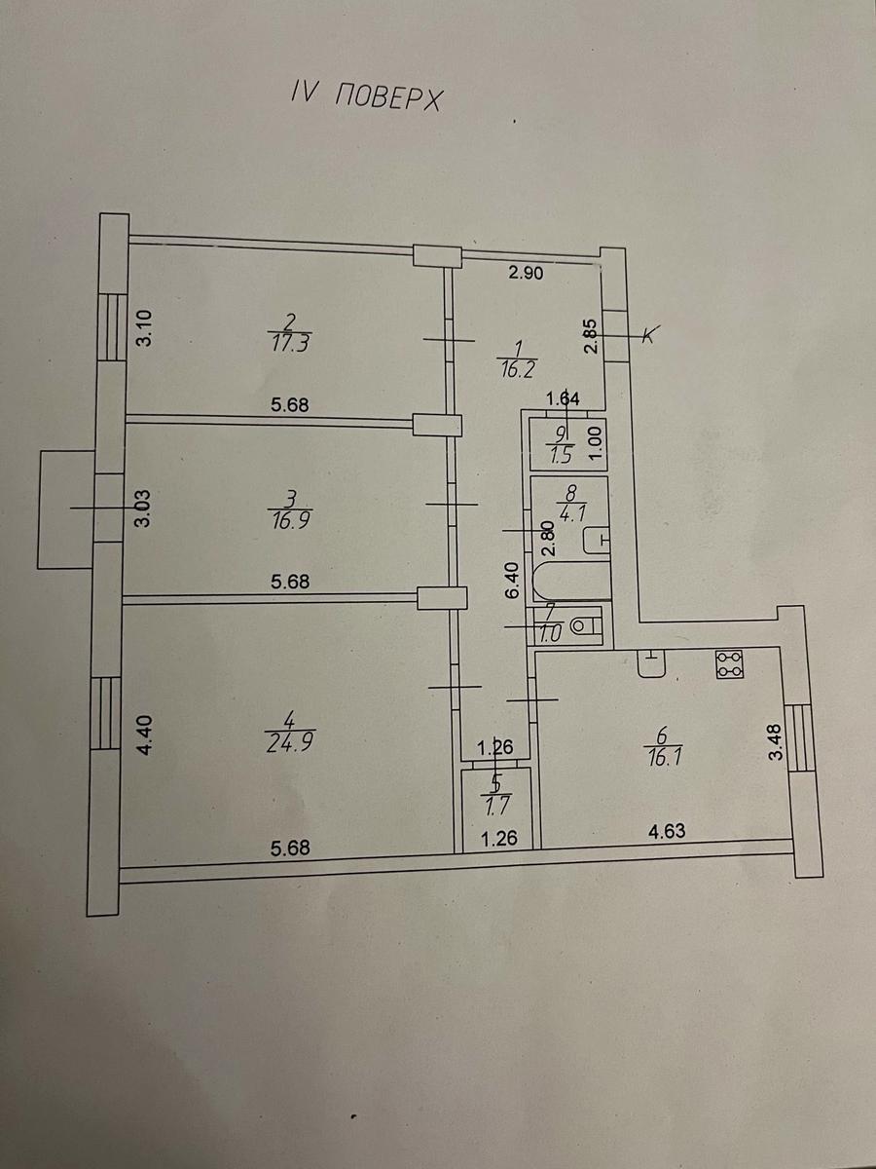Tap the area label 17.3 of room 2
[x=290, y=344]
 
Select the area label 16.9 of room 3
[x=290, y=519]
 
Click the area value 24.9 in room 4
[x=290, y=743]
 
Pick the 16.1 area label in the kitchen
[x=662, y=757]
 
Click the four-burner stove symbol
[x=730, y=664]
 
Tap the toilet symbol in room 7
[x=586, y=626]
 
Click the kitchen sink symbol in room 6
[x=651, y=663]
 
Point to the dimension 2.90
[x=526, y=273]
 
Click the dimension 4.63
[x=668, y=831]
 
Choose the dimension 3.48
[x=776, y=741]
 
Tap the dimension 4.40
[x=145, y=735]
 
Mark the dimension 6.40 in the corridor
[x=512, y=582]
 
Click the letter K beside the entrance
[x=649, y=334]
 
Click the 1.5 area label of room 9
[x=562, y=457]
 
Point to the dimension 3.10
[x=145, y=328]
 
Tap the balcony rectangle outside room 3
[x=66, y=510]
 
